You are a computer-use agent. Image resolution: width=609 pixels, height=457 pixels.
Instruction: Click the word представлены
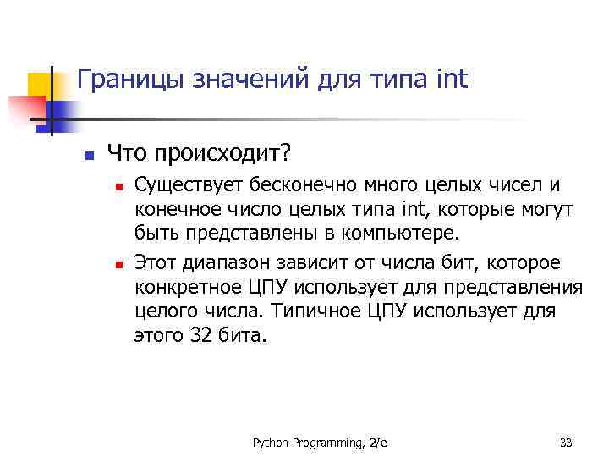coord(241,232)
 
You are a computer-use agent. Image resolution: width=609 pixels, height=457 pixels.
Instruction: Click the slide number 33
coord(567,442)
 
